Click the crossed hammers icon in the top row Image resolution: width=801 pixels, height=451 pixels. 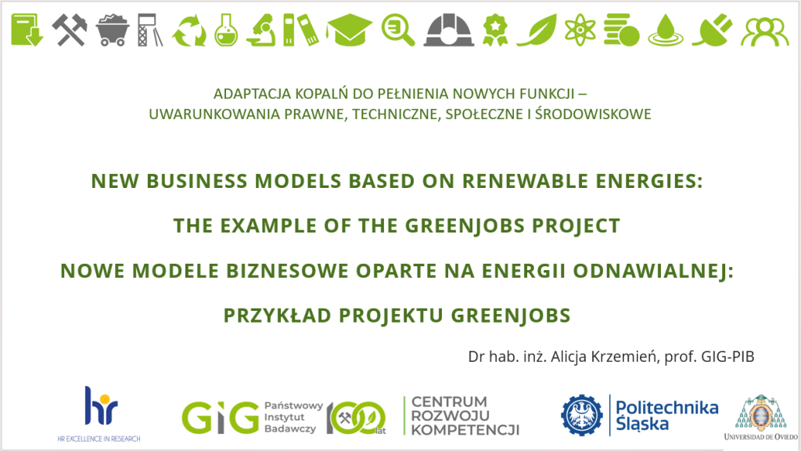click(x=70, y=30)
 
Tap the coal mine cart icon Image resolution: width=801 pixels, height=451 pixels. click(x=113, y=30)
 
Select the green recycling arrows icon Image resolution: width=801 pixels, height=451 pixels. click(x=189, y=31)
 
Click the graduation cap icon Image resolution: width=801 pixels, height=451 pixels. click(x=350, y=31)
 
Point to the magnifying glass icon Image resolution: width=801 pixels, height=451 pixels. click(x=398, y=31)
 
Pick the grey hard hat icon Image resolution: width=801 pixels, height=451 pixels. click(x=449, y=31)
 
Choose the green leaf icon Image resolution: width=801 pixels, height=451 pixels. click(x=537, y=31)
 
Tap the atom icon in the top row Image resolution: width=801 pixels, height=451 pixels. click(x=580, y=31)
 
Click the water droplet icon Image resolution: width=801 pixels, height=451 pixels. click(x=666, y=31)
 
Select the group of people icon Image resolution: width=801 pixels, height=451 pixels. click(x=765, y=31)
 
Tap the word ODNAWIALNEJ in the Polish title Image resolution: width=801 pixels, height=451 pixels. click(x=653, y=271)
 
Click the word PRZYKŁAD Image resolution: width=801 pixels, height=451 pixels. click(x=278, y=316)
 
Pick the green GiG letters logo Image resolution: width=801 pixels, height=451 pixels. click(x=221, y=418)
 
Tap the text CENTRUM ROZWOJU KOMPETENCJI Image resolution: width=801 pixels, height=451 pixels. click(x=465, y=416)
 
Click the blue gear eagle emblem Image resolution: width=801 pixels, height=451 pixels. click(x=582, y=415)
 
